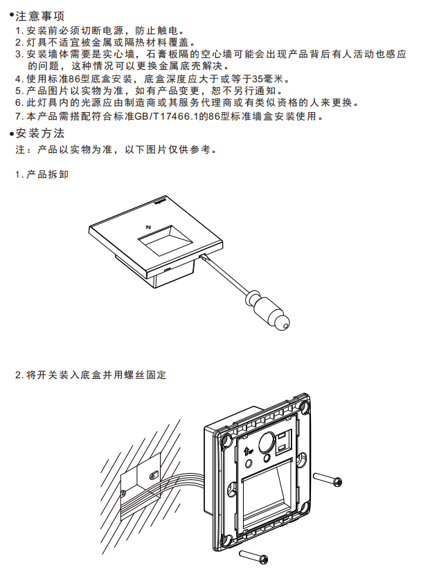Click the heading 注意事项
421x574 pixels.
click(x=40, y=16)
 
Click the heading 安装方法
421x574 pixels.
click(x=40, y=133)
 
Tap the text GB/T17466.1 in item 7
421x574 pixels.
click(x=166, y=116)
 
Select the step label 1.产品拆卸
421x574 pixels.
click(x=42, y=174)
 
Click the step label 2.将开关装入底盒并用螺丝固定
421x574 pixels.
click(x=91, y=375)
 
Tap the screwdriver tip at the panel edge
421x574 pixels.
click(x=201, y=257)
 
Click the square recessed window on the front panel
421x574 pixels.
click(x=165, y=241)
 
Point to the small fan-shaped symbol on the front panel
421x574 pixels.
click(x=147, y=227)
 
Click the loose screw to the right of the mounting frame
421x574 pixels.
click(x=328, y=479)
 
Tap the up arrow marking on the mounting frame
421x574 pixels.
click(x=247, y=451)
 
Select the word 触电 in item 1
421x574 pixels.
click(x=167, y=30)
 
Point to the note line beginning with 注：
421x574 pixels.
click(x=116, y=149)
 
